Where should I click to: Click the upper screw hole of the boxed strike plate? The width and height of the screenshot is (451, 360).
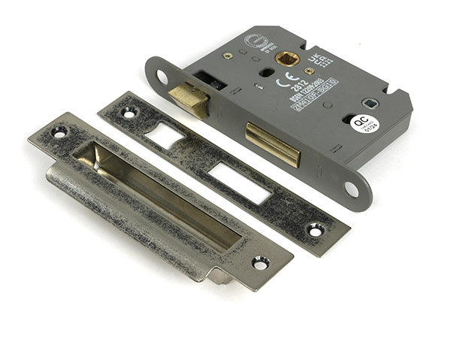pos(59,132)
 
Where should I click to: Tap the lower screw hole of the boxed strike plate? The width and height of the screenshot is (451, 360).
pos(261,262)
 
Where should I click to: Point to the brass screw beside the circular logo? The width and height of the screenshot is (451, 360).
pos(228,55)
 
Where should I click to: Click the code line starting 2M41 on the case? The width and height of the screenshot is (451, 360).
pos(314,94)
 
